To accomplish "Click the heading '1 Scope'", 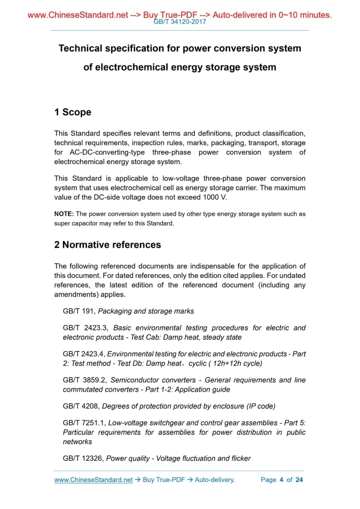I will (73, 112).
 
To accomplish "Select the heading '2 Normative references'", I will (108, 245).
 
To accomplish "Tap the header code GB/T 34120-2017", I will (180, 22).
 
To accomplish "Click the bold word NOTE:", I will (64, 214).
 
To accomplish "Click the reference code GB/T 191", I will (78, 311).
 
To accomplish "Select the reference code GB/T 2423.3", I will (85, 328).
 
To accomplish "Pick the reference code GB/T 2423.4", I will (84, 354).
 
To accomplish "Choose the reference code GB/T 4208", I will (80, 406).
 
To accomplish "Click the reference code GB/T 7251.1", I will (84, 423).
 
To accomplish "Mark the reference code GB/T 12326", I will (82, 458).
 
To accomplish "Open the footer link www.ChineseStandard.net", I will (94, 480).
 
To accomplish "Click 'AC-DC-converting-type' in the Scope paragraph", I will (106, 152).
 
